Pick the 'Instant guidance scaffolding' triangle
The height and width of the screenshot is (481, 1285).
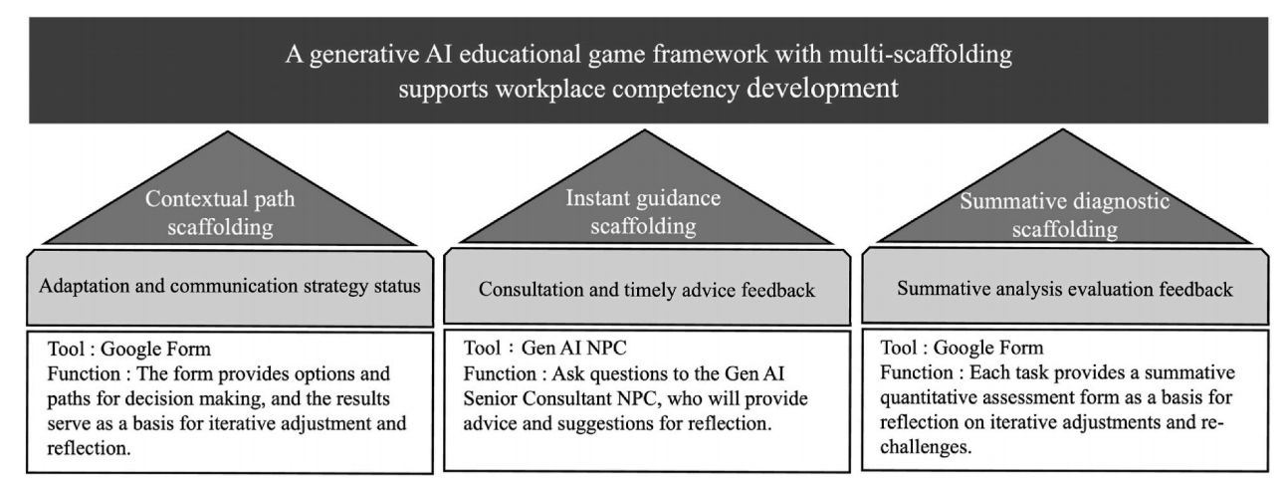click(641, 209)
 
